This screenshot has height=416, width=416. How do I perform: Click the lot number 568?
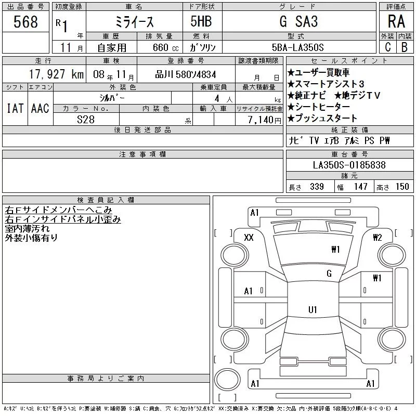click(x=25, y=22)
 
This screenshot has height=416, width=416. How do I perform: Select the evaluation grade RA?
click(x=396, y=21)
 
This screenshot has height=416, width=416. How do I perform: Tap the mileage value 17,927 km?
click(x=56, y=74)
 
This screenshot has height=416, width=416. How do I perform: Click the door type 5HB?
click(x=201, y=21)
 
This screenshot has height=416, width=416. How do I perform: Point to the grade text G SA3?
click(x=298, y=21)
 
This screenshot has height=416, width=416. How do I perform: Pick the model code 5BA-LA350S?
click(x=297, y=47)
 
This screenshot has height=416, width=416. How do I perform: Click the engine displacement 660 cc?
click(x=165, y=48)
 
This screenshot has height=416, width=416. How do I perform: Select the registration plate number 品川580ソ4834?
click(x=186, y=74)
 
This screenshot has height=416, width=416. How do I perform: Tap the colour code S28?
click(x=86, y=120)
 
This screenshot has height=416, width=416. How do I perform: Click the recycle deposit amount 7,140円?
click(x=264, y=120)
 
